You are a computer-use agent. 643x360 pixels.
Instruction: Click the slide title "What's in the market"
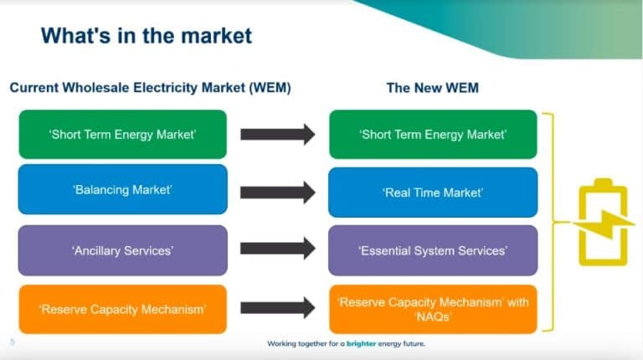coord(147,36)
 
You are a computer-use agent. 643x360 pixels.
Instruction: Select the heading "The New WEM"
coord(432,87)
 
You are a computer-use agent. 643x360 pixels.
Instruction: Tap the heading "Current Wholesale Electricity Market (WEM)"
coord(150,87)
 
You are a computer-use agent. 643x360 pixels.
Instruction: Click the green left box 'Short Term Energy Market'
coord(122,134)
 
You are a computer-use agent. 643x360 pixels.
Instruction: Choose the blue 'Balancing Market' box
coord(122,190)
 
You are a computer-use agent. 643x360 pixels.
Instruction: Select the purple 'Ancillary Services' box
coord(122,249)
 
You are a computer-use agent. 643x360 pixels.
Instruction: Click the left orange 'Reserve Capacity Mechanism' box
coord(122,309)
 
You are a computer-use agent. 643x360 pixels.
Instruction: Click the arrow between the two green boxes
coord(277,134)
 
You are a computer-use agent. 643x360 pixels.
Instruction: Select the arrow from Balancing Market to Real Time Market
coord(277,192)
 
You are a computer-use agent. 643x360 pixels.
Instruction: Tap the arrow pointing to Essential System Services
coord(277,249)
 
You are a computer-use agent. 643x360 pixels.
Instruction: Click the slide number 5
coord(13,342)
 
